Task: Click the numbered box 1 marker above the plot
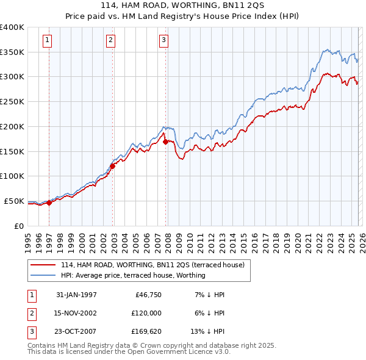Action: click(48, 41)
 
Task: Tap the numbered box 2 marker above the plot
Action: click(110, 41)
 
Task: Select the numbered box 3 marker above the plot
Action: click(164, 41)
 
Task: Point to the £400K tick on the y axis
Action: click(12, 27)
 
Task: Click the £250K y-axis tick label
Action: click(12, 102)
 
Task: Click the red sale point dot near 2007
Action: click(165, 142)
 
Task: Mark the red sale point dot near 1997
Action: click(49, 203)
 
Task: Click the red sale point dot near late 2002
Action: click(113, 166)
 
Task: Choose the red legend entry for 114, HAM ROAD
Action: click(152, 265)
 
